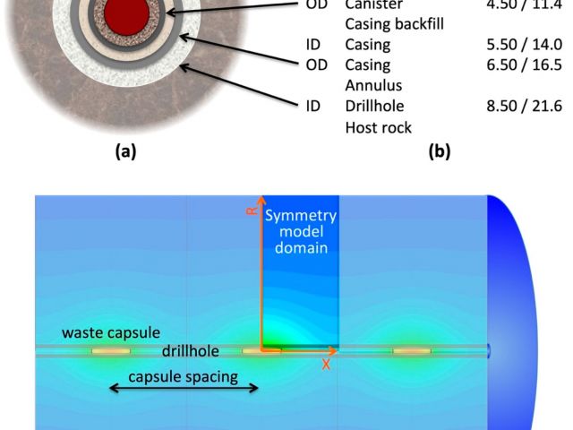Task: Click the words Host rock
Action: click(x=379, y=128)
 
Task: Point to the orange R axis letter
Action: click(x=252, y=211)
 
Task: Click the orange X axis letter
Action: click(x=327, y=365)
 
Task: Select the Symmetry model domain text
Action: click(x=300, y=232)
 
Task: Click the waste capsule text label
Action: click(x=106, y=332)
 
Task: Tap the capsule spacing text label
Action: click(x=184, y=376)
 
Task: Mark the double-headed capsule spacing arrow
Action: click(x=184, y=389)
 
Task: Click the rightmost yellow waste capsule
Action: click(x=412, y=350)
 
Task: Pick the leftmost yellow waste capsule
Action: click(x=111, y=350)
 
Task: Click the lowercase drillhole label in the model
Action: click(x=196, y=350)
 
